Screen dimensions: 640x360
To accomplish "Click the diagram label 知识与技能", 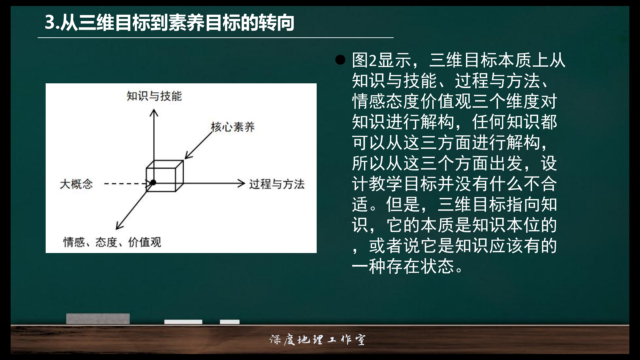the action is pyautogui.click(x=154, y=96).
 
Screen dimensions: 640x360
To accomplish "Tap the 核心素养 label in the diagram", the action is pyautogui.click(x=233, y=127).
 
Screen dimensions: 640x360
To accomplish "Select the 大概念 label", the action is pyautogui.click(x=76, y=184).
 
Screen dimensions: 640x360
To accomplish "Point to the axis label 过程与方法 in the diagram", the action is pyautogui.click(x=277, y=184).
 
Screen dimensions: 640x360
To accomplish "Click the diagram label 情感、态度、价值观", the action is pyautogui.click(x=112, y=242).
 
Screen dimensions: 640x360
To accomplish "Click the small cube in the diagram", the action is pyautogui.click(x=165, y=176).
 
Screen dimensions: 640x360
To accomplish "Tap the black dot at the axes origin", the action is pyautogui.click(x=153, y=182).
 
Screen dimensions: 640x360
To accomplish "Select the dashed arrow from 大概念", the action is pyautogui.click(x=127, y=183).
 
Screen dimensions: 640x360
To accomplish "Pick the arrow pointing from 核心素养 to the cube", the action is pyautogui.click(x=199, y=145).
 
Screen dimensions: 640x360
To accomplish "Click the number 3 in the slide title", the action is pyautogui.click(x=50, y=23).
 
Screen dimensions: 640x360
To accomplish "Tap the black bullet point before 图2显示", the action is pyautogui.click(x=340, y=60).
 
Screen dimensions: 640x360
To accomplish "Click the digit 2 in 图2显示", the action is pyautogui.click(x=373, y=61).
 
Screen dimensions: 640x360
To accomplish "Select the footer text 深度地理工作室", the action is pyautogui.click(x=317, y=340).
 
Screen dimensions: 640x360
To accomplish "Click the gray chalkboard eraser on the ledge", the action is pyautogui.click(x=98, y=319).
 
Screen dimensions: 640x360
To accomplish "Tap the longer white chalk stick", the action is pyautogui.click(x=183, y=322).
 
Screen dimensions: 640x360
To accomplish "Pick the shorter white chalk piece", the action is pyautogui.click(x=230, y=322).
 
